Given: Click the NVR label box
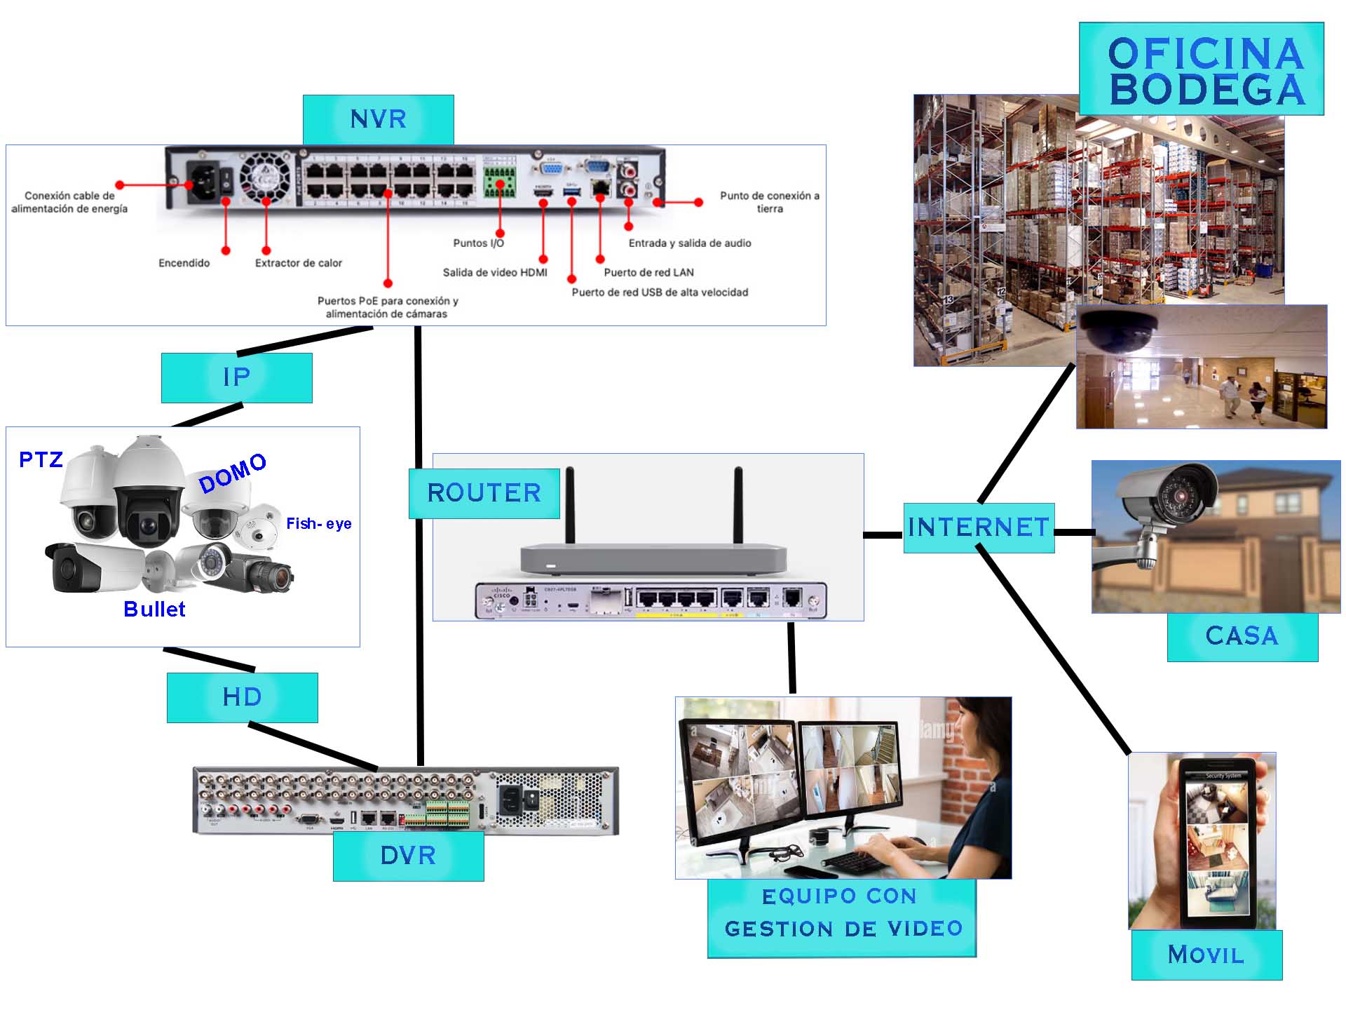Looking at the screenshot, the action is [x=378, y=119].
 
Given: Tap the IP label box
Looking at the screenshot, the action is [x=236, y=377].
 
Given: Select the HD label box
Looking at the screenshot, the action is [x=242, y=697].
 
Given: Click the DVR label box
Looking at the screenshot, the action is [x=408, y=856].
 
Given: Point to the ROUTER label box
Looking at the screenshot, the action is [x=484, y=493].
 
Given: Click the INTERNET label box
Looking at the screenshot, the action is [x=979, y=527].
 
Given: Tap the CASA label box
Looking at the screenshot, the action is [x=1242, y=636].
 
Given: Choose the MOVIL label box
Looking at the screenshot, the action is [x=1206, y=955].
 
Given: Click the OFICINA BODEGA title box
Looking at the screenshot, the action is [x=1201, y=69].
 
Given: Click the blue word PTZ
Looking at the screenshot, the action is [x=41, y=460].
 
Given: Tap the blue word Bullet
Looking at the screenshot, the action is [x=154, y=609].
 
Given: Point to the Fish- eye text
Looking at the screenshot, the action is [x=318, y=523].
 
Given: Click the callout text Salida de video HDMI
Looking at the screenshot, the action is [x=494, y=272].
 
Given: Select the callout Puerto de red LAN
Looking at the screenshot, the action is [x=648, y=272].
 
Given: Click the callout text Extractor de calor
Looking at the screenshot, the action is [x=298, y=263].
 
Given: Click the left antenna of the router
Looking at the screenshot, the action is [x=570, y=505].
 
